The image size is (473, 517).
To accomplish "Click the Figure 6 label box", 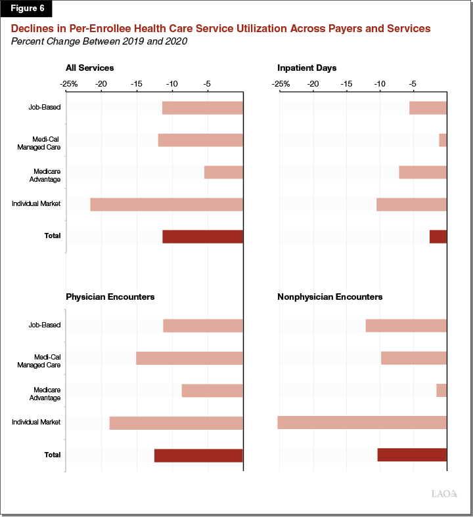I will point(26,9).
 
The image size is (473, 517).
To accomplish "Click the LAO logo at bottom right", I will point(444,493).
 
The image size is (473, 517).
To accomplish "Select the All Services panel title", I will point(89,68).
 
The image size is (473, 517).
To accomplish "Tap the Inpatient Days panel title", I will point(307,68).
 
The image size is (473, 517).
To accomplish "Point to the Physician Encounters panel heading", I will point(110,297).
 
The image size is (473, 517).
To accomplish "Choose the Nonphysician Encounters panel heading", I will point(330,297).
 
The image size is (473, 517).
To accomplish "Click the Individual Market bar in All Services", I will point(166,204).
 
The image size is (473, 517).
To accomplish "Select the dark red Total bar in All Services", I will point(202,236).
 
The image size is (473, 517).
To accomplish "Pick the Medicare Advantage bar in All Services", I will point(223,172).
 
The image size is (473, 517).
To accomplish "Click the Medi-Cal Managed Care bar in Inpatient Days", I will point(443,140).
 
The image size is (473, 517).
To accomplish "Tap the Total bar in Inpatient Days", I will point(438,236).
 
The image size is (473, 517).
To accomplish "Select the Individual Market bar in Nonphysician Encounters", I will point(362,423).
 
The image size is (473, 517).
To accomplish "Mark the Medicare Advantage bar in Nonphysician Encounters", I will point(441,390).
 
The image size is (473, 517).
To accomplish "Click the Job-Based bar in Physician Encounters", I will point(203,325).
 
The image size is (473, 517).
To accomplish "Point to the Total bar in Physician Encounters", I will point(198,455).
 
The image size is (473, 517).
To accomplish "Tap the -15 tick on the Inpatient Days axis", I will point(346,84).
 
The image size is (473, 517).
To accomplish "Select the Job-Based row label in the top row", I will point(45,108).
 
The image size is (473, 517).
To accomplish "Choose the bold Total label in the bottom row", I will point(53,455).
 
